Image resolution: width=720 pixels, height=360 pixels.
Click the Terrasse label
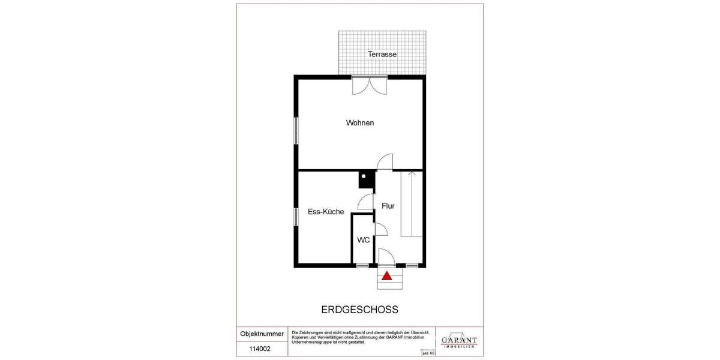(x=382, y=54)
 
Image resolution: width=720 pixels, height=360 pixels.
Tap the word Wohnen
(x=360, y=123)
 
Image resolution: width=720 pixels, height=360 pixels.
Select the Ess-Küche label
(x=326, y=212)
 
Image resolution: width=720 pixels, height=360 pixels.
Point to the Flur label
(x=388, y=206)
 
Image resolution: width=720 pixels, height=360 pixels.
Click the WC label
(x=364, y=240)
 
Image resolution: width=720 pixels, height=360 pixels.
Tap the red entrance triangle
(x=387, y=276)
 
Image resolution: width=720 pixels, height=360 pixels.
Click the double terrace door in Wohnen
(x=370, y=86)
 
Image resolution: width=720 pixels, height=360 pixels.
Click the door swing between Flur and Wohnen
(x=385, y=162)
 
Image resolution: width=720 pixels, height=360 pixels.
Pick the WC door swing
(x=380, y=229)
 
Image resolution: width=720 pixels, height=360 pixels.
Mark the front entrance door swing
(x=386, y=257)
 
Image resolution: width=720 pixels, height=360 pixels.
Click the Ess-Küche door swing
(x=365, y=202)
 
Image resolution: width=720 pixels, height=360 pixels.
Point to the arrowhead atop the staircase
(x=412, y=175)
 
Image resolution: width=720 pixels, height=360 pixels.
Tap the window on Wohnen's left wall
(x=296, y=130)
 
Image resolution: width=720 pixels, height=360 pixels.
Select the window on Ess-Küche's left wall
(x=296, y=217)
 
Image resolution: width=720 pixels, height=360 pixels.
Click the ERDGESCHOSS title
(x=360, y=310)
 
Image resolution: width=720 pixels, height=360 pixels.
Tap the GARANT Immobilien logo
(x=459, y=340)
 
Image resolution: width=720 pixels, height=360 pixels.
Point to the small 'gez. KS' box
(x=428, y=353)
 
